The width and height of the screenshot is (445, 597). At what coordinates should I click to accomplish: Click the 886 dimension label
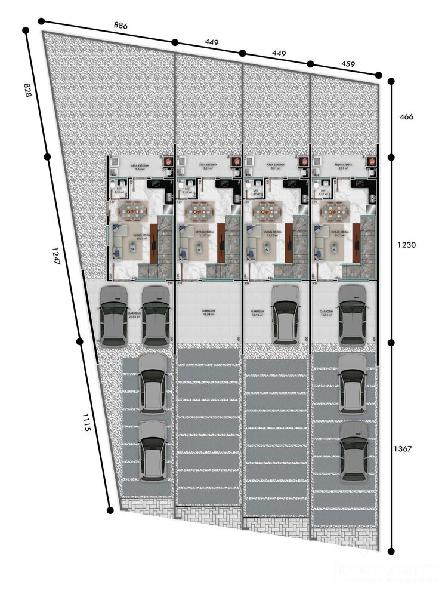click(121, 26)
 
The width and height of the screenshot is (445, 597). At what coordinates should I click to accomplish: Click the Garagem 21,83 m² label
click(135, 315)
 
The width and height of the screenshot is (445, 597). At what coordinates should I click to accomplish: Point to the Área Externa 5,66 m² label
click(140, 166)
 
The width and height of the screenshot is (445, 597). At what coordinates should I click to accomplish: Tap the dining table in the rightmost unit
click(335, 210)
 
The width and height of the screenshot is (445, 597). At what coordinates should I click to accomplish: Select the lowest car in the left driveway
click(152, 450)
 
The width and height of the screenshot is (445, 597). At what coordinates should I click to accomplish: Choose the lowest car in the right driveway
click(353, 451)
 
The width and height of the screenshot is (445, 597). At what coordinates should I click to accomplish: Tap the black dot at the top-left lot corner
click(41, 21)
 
